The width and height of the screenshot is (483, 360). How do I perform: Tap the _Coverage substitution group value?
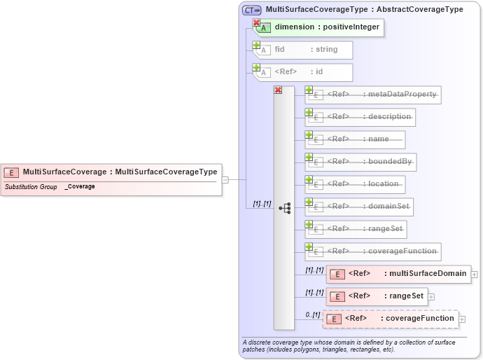click(x=80, y=187)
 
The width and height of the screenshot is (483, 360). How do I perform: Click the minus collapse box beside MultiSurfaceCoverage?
click(x=225, y=179)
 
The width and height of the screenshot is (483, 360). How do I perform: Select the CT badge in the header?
click(x=251, y=10)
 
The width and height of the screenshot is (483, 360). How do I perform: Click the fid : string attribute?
click(x=305, y=50)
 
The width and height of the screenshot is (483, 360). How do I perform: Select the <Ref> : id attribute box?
click(x=305, y=71)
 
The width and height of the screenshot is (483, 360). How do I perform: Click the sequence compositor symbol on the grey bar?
click(x=284, y=208)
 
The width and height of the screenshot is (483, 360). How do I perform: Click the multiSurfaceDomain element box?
click(x=398, y=274)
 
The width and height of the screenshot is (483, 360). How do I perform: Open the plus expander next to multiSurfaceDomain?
click(x=474, y=275)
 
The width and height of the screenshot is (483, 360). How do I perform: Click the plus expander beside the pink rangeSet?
click(x=431, y=296)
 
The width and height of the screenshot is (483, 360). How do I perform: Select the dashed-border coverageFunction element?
click(x=391, y=319)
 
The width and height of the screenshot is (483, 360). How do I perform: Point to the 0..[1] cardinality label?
click(x=312, y=314)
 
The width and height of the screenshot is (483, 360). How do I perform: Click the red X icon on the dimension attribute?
click(x=257, y=23)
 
